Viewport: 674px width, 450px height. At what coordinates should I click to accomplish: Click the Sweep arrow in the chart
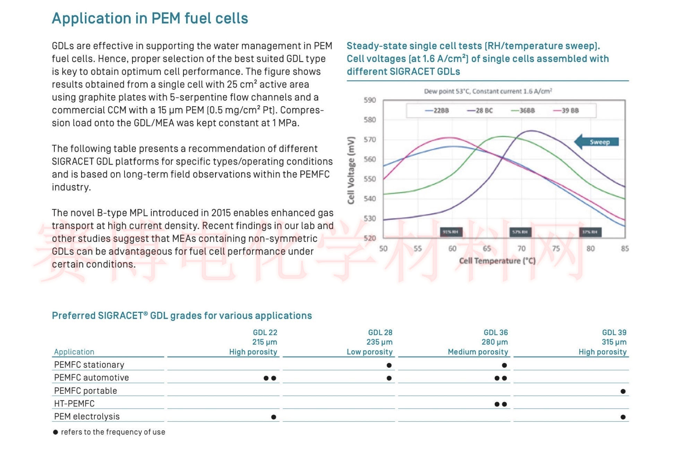point(597,142)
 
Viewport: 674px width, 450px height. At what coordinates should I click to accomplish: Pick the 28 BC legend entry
point(480,110)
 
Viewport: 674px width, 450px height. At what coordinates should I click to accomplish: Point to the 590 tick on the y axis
point(370,100)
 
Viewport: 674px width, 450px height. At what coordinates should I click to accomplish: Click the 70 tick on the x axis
point(521,249)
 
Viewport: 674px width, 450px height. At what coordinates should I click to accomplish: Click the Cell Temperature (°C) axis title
point(497,261)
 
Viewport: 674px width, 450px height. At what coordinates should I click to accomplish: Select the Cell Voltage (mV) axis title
point(351,170)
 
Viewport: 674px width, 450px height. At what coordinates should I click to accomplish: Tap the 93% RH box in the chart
point(451,232)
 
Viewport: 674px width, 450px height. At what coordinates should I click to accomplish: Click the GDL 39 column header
point(614,332)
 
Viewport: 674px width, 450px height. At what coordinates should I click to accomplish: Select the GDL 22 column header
point(265,332)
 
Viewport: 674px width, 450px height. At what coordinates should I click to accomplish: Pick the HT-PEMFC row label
point(74,403)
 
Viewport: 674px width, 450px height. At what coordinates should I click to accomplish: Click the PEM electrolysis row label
point(87,416)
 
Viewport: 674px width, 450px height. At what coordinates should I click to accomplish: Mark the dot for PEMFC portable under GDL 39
point(623,391)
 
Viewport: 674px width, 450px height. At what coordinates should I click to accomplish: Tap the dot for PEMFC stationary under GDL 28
point(389,365)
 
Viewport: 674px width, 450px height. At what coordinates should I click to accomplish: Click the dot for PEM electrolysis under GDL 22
point(274,417)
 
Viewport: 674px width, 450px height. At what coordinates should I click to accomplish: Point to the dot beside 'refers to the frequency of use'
point(55,432)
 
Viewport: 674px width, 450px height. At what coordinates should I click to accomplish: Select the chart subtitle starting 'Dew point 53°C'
point(488,91)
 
